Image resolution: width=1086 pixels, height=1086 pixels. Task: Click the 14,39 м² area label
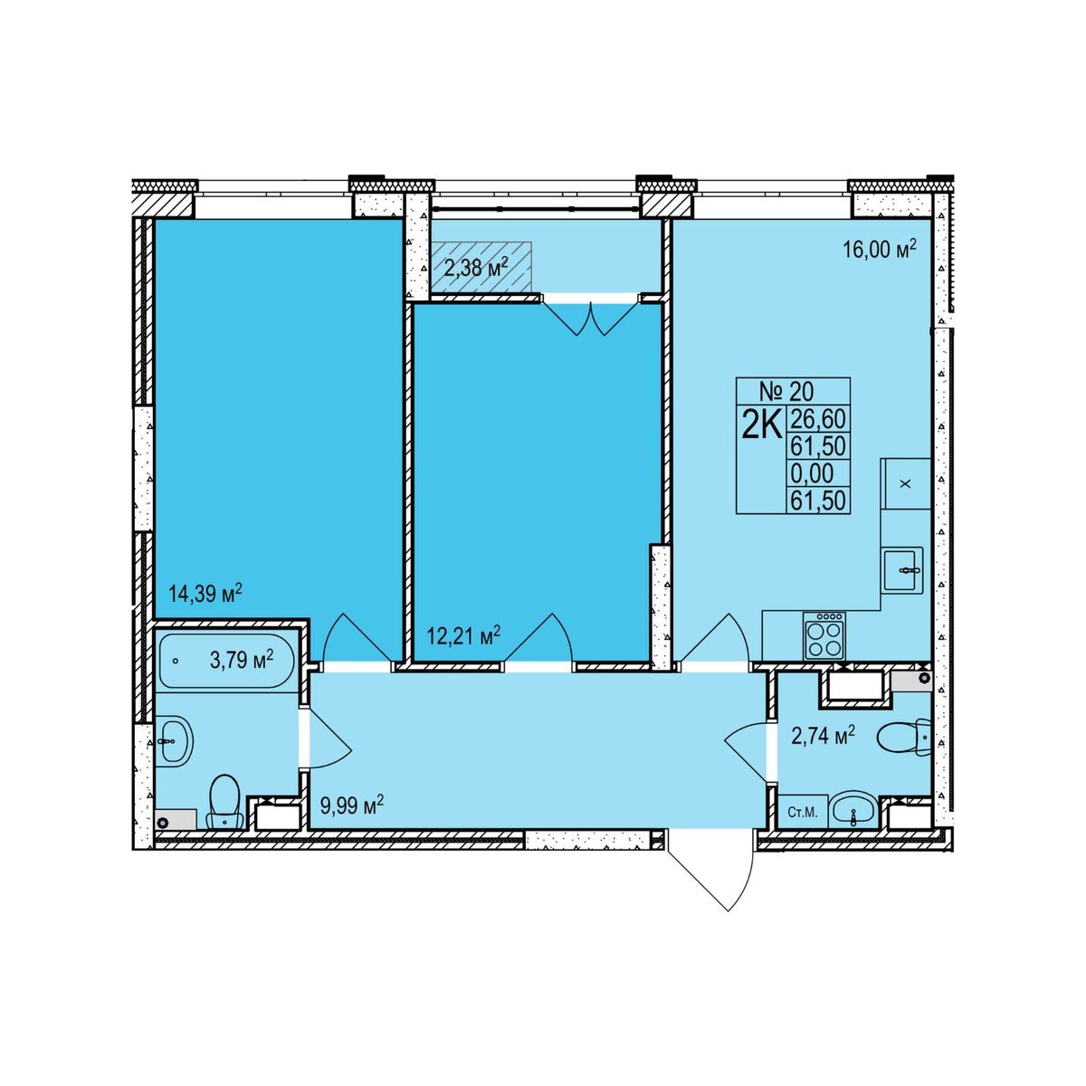(205, 594)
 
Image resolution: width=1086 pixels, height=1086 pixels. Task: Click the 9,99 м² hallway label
(352, 805)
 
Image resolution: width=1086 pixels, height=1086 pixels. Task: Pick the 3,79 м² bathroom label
(243, 659)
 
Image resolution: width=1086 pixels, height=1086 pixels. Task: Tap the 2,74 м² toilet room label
(824, 736)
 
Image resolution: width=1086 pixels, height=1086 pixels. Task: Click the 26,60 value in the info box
(818, 419)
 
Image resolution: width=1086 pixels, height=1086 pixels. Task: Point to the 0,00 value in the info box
(812, 472)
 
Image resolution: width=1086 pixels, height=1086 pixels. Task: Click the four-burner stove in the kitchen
(824, 635)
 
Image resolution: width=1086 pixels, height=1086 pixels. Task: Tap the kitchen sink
(902, 569)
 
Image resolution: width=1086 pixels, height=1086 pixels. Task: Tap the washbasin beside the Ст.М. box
(853, 810)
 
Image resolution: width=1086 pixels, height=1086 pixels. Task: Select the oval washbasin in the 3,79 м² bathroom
(175, 741)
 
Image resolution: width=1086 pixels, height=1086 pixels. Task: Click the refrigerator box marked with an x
(906, 483)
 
